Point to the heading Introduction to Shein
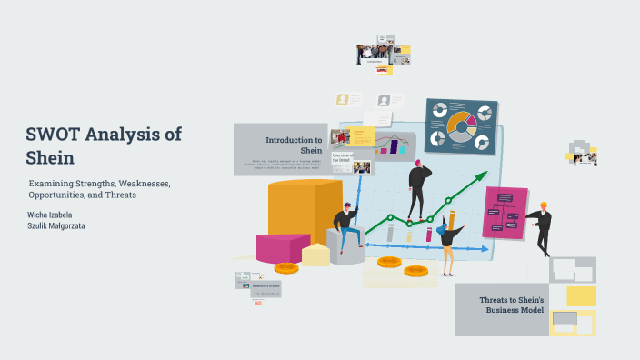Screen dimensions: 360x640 coord(294,145)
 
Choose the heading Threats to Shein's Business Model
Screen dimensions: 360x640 coord(511,305)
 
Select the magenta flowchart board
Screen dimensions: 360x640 coord(505,211)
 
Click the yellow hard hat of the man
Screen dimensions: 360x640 coord(544,205)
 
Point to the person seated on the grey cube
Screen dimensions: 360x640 coord(345,228)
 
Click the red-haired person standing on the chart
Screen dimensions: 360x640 coord(418,187)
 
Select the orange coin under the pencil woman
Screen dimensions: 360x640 coord(416,271)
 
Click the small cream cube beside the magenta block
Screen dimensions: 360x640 coord(316,255)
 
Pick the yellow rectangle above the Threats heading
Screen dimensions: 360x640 coord(581,296)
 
